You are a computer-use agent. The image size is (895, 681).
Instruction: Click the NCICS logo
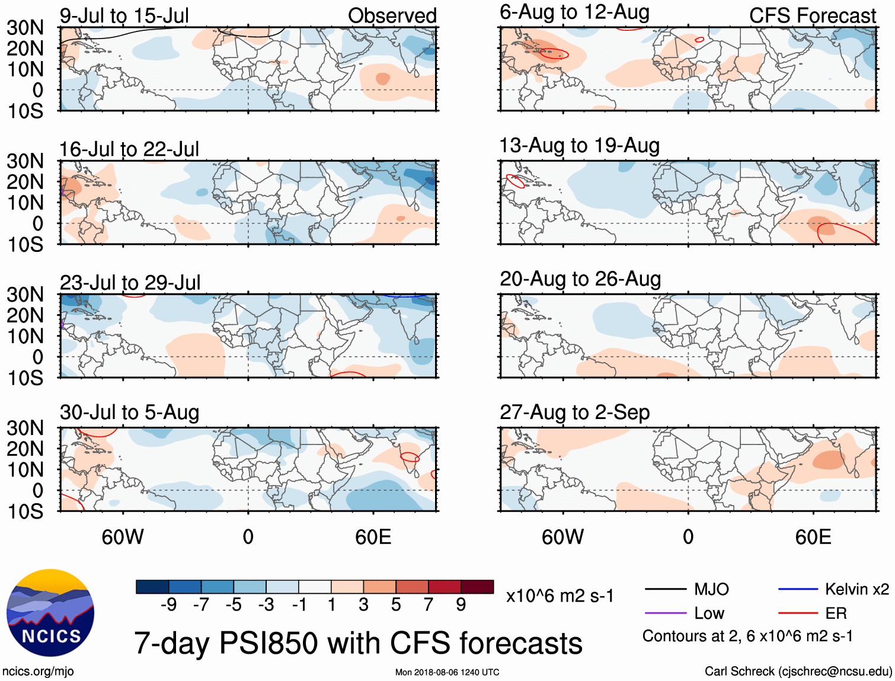[x=50, y=613]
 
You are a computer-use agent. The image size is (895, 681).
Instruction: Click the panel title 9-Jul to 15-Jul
[x=124, y=16]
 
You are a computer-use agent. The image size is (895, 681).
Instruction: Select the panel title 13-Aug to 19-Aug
[x=579, y=146]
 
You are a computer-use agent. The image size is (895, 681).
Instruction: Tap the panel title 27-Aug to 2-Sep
[x=574, y=413]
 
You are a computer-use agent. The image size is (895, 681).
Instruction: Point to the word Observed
[x=392, y=16]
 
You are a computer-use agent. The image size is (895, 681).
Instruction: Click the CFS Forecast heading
[x=812, y=16]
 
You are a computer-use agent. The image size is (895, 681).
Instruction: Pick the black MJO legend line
[x=665, y=589]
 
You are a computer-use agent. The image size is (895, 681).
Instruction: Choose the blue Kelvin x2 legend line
[x=798, y=589]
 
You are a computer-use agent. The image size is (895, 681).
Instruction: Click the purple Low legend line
[x=665, y=613]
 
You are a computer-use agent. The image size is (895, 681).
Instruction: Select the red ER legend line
[x=798, y=613]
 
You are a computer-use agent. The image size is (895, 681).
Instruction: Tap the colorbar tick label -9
[x=169, y=605]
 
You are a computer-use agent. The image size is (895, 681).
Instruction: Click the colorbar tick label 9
[x=461, y=605]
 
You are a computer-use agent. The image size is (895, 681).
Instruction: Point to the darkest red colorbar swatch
[x=477, y=587]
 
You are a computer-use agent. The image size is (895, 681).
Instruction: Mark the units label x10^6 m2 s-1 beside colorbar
[x=560, y=596]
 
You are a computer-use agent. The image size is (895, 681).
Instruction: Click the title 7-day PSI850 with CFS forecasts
[x=358, y=643]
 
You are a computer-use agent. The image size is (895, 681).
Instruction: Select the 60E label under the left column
[x=373, y=537]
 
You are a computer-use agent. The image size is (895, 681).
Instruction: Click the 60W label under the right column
[x=562, y=537]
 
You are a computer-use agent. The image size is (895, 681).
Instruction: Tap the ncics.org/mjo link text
[x=38, y=672]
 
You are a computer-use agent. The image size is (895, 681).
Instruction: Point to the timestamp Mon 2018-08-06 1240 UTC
[x=447, y=672]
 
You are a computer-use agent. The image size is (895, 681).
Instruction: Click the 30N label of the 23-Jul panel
[x=25, y=295]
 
